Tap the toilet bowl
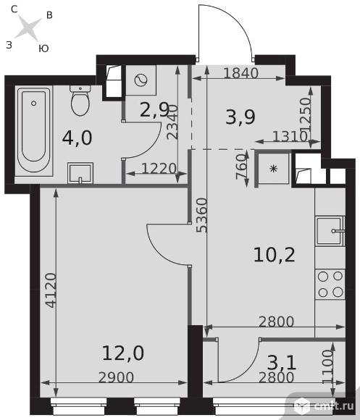click(x=80, y=101)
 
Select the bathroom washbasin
click(x=80, y=173)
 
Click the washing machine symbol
click(x=141, y=80)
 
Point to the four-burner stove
click(x=330, y=285)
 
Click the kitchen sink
click(x=330, y=231)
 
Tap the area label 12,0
click(x=123, y=353)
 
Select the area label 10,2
click(x=274, y=255)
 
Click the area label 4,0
click(x=77, y=138)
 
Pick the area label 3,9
click(x=240, y=117)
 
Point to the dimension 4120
click(x=51, y=290)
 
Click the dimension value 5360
click(x=202, y=215)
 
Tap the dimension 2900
click(x=116, y=377)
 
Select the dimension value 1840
click(x=240, y=73)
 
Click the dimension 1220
click(x=159, y=169)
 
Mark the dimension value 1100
click(x=327, y=366)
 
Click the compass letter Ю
click(x=43, y=49)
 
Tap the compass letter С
click(x=14, y=9)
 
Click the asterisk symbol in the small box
click(x=273, y=169)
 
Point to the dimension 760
click(x=241, y=167)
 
